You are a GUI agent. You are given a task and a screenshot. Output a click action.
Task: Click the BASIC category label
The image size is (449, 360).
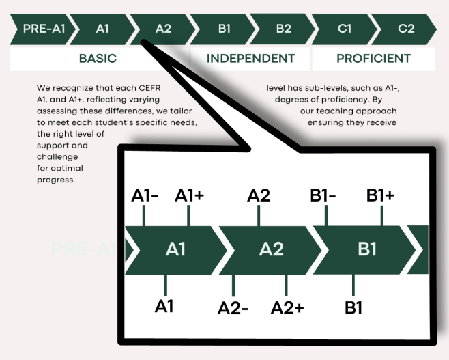click(98, 59)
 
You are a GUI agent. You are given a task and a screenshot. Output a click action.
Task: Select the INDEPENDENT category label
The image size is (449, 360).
click(250, 59)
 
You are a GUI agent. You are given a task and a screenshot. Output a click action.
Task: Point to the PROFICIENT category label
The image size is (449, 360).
click(373, 59)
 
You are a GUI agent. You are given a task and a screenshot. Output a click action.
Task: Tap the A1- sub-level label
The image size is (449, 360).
click(145, 195)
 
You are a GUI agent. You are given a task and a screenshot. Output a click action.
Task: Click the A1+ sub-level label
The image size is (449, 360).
click(189, 195)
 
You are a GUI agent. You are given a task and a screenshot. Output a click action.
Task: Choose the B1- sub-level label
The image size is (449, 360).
click(323, 195)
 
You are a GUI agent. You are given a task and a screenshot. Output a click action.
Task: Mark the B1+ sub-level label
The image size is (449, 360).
click(380, 195)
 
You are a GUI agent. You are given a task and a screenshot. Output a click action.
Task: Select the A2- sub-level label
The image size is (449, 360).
click(233, 308)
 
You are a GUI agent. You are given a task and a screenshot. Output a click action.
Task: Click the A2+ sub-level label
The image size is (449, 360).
click(287, 308)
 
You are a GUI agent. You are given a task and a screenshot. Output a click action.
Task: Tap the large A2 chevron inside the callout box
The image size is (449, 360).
click(271, 249)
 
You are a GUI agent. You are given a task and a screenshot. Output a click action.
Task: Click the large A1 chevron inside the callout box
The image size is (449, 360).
click(175, 249)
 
